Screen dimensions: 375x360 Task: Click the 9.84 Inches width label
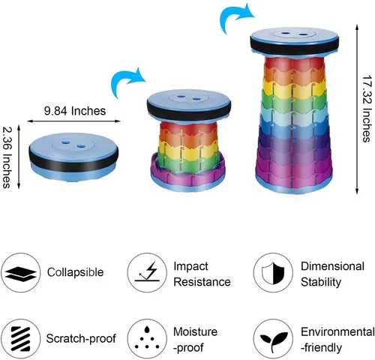click(75, 111)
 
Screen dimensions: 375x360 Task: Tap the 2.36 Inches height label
click(7, 157)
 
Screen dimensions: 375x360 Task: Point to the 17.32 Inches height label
click(367, 109)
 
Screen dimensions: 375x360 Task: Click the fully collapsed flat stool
click(73, 156)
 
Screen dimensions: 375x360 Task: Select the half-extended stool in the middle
click(189, 141)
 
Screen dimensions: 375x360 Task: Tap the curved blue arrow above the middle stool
click(128, 82)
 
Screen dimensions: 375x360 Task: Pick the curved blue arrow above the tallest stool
click(236, 18)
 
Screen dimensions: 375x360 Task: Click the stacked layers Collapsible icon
click(20, 272)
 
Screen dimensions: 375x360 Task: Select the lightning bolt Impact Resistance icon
click(147, 272)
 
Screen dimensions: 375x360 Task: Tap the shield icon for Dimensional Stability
click(273, 272)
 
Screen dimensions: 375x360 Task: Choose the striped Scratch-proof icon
click(20, 339)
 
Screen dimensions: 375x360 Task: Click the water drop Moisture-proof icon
click(147, 339)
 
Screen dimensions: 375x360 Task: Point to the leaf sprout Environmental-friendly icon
click(273, 339)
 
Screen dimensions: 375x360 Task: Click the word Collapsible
click(75, 272)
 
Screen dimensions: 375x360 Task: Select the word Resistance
click(202, 282)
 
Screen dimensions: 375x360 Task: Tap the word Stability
click(321, 283)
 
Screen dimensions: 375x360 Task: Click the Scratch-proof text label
click(81, 339)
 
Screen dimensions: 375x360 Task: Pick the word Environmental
click(337, 332)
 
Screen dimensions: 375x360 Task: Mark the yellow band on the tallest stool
click(294, 88)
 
